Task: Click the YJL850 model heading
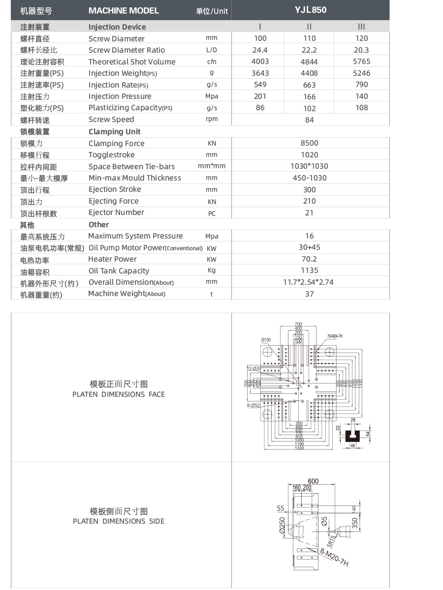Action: pyautogui.click(x=311, y=10)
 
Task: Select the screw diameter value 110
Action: pyautogui.click(x=309, y=38)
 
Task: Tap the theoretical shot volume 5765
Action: pyautogui.click(x=361, y=61)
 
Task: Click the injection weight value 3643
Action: pyautogui.click(x=260, y=73)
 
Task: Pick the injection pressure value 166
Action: pyautogui.click(x=309, y=97)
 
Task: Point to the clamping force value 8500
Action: pyautogui.click(x=309, y=143)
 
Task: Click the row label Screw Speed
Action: pyautogui.click(x=111, y=119)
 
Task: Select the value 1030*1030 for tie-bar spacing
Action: pyautogui.click(x=309, y=166)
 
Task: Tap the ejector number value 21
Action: pyautogui.click(x=309, y=213)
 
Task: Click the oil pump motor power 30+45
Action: pyautogui.click(x=309, y=247)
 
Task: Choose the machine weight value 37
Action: pyautogui.click(x=309, y=294)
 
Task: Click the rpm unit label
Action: pyautogui.click(x=212, y=119)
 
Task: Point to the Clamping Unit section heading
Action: pyautogui.click(x=114, y=131)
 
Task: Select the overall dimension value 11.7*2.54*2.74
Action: pyautogui.click(x=309, y=282)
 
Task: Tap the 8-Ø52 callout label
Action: pyautogui.click(x=253, y=405)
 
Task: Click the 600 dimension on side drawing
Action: pyautogui.click(x=313, y=481)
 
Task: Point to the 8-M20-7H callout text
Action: pyautogui.click(x=334, y=558)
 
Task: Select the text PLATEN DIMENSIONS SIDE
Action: pyautogui.click(x=118, y=521)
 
